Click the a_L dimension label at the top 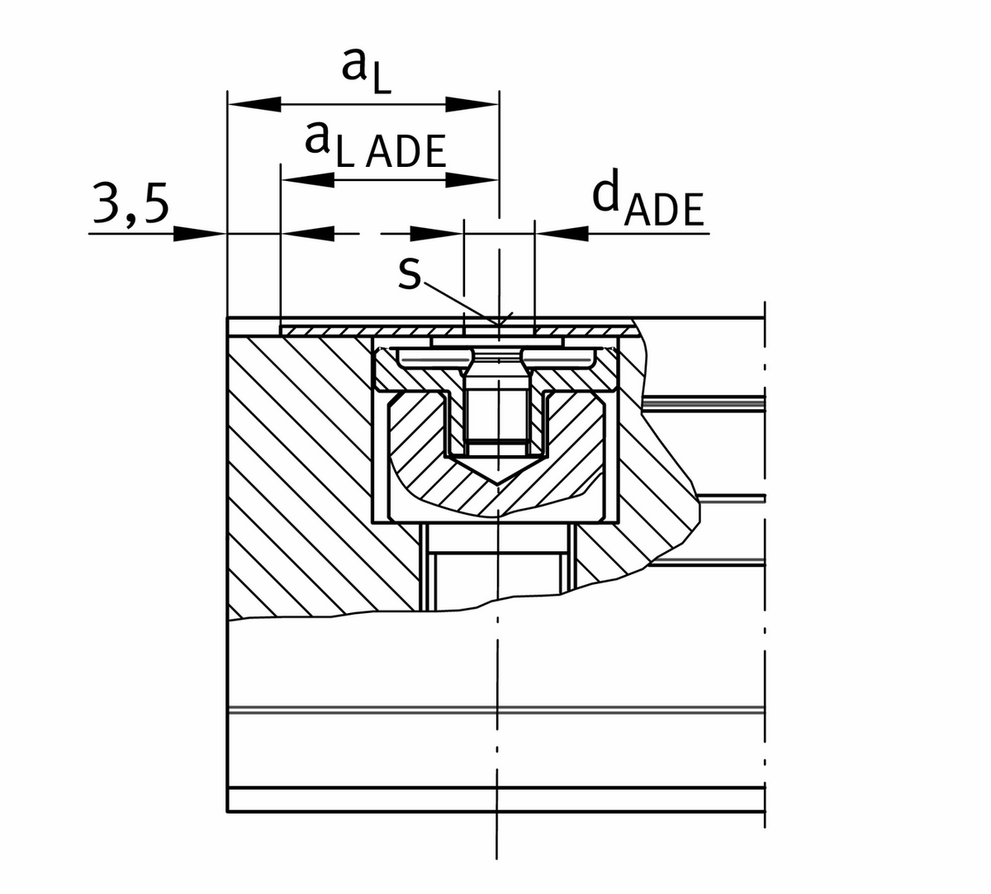coord(365,72)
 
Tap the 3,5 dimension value coord(130,207)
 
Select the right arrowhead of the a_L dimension coord(472,105)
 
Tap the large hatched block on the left coord(297,471)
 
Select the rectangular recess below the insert coord(495,570)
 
